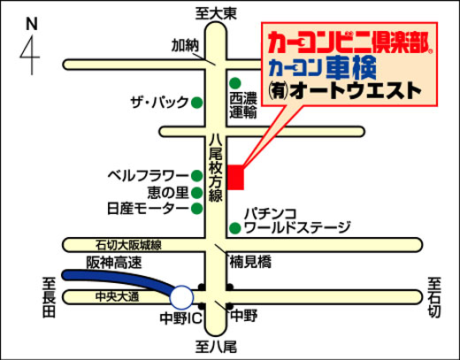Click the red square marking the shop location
coord(235,177)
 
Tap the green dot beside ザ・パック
coord(197,103)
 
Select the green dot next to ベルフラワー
coord(197,176)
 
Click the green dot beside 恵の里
coord(197,193)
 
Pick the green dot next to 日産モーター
coord(197,209)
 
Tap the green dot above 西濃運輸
coord(235,83)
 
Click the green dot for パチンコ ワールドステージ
coord(235,228)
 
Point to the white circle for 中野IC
coord(182,297)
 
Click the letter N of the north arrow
coord(32,24)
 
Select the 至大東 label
coord(216,13)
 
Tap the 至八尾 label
coord(216,347)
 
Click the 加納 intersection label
coord(185,46)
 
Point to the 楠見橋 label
coord(250,262)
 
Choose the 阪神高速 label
coord(114,263)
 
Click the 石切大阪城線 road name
coord(128,245)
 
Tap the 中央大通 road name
coord(117,296)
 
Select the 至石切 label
coord(434,297)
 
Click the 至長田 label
coord(49,297)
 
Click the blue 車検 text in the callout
coord(351,68)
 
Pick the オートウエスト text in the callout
coord(356,91)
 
